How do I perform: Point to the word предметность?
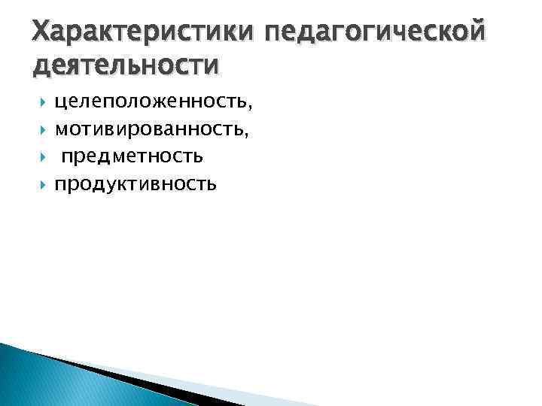pyautogui.click(x=132, y=158)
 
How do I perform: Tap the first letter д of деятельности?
pyautogui.click(x=41, y=66)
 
